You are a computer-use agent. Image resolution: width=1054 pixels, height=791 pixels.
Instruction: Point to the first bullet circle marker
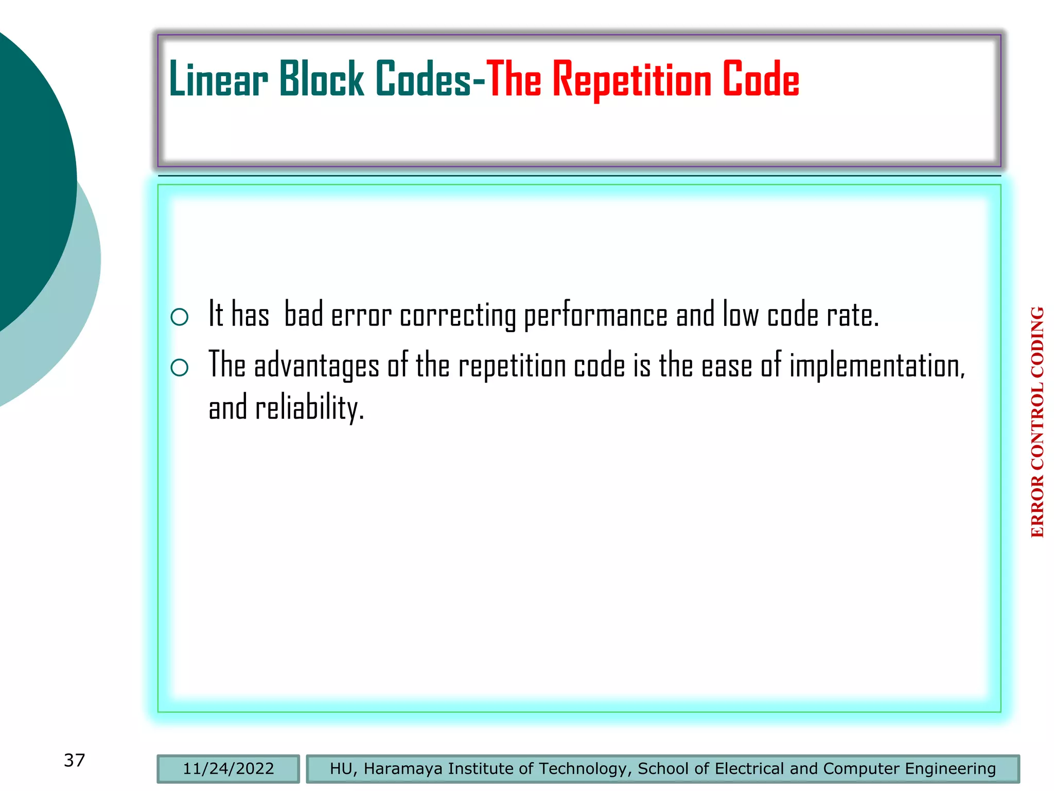click(179, 317)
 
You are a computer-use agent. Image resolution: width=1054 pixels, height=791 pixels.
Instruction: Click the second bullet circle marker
click(179, 367)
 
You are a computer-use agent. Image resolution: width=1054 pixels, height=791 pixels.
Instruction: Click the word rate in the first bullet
click(852, 315)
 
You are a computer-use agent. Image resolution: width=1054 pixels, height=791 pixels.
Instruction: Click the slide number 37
click(74, 760)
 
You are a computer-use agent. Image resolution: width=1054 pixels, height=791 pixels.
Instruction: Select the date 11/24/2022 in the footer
click(228, 769)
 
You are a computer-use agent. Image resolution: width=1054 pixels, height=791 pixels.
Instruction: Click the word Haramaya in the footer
click(403, 769)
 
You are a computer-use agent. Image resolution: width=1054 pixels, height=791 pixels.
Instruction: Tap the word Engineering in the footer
click(950, 769)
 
